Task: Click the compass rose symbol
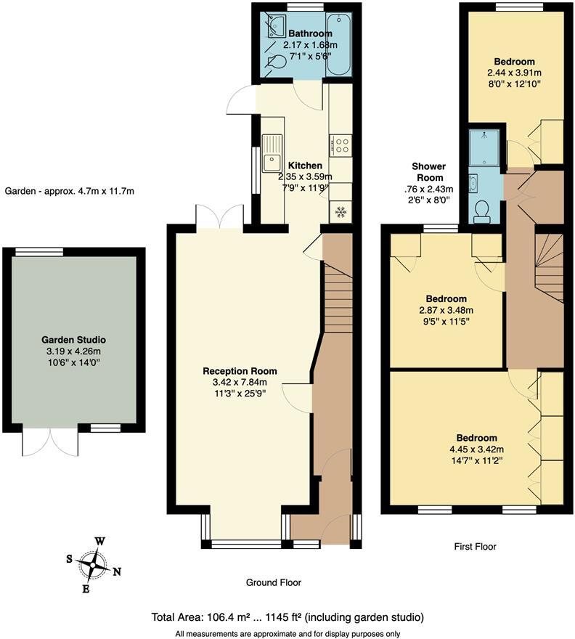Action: click(x=93, y=564)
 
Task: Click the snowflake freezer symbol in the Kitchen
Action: click(x=340, y=212)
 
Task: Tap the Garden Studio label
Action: click(x=73, y=340)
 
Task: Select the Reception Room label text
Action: click(x=240, y=371)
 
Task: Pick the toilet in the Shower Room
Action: click(x=481, y=211)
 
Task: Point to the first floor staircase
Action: click(x=550, y=267)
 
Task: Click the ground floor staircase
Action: click(x=335, y=298)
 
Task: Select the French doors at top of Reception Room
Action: click(x=219, y=216)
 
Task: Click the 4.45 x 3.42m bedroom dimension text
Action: click(x=476, y=449)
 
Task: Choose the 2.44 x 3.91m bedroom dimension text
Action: click(x=514, y=73)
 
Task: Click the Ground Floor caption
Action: click(x=274, y=582)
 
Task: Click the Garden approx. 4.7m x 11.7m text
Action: click(x=70, y=192)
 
